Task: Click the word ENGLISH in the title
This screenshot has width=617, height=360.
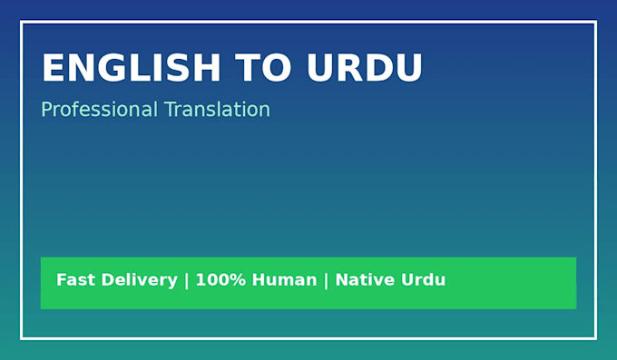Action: pos(131,67)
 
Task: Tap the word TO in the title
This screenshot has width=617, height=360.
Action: pos(263,67)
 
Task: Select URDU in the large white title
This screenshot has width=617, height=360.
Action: pos(365,67)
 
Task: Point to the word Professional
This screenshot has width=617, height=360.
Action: pos(100,110)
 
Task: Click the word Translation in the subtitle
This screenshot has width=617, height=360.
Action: pos(217,110)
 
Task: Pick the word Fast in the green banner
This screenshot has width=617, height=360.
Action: pos(75,279)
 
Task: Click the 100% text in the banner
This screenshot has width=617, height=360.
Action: pos(220,279)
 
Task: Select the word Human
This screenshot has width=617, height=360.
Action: pos(284,279)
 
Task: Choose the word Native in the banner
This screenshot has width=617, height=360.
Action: pos(365,279)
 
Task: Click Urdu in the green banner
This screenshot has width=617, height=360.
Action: pos(424,279)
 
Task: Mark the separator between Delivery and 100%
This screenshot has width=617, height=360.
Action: pos(187,281)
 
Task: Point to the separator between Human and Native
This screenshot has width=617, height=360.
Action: pos(326,281)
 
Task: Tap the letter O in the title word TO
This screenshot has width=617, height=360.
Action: pos(276,67)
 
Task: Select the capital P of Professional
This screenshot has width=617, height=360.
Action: pos(46,110)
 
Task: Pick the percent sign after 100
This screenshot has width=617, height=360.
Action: pos(239,279)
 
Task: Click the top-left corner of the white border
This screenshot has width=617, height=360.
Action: pos(21,21)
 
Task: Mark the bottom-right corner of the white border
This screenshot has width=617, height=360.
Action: pos(596,338)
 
